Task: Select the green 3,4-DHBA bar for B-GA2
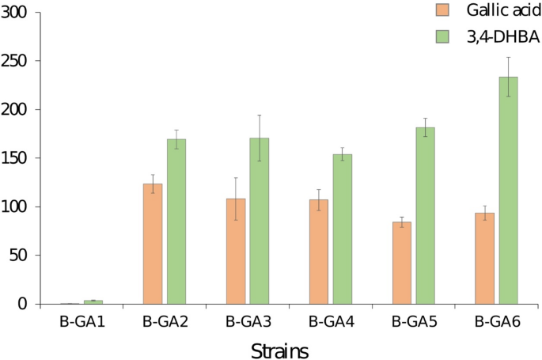[176, 222]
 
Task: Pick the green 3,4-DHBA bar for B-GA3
[260, 221]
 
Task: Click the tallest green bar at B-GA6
[509, 190]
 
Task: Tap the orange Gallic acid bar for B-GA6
[485, 258]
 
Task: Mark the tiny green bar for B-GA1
[93, 301]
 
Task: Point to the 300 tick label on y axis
[15, 13]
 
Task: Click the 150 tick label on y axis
[15, 158]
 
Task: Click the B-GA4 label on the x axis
[331, 322]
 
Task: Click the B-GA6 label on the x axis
[497, 322]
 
